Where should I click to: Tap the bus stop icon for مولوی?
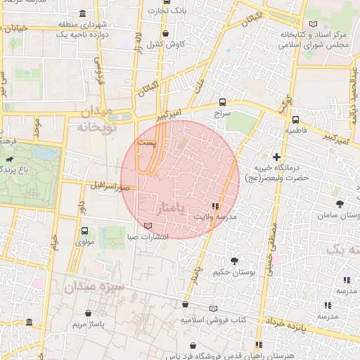(85, 231)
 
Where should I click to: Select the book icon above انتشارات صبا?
(147, 226)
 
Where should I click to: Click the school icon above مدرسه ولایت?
(214, 207)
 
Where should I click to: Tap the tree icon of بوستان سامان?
(341, 204)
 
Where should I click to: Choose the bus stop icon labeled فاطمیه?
(295, 120)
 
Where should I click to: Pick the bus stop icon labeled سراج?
(222, 102)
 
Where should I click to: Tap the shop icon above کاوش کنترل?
(166, 33)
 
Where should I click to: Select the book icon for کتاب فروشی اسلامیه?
(214, 309)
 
